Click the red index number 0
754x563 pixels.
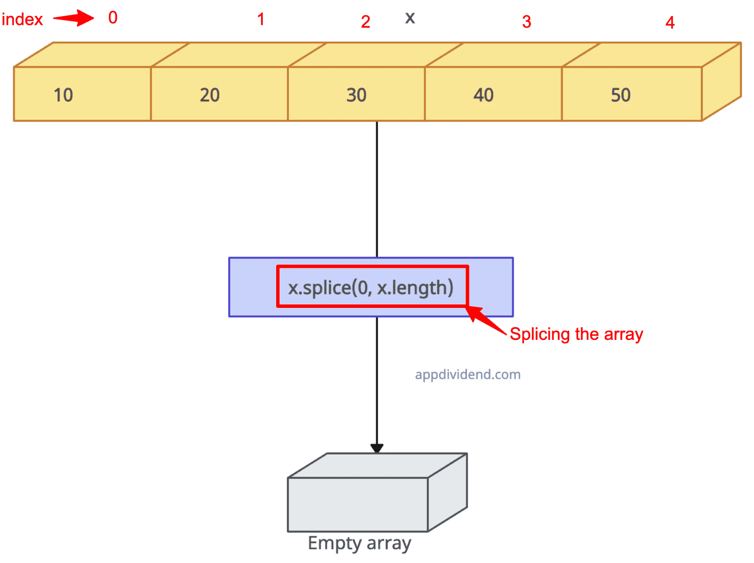coord(112,17)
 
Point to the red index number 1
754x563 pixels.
coord(260,19)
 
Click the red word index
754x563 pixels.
coord(22,19)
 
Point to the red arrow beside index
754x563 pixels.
coord(73,18)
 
